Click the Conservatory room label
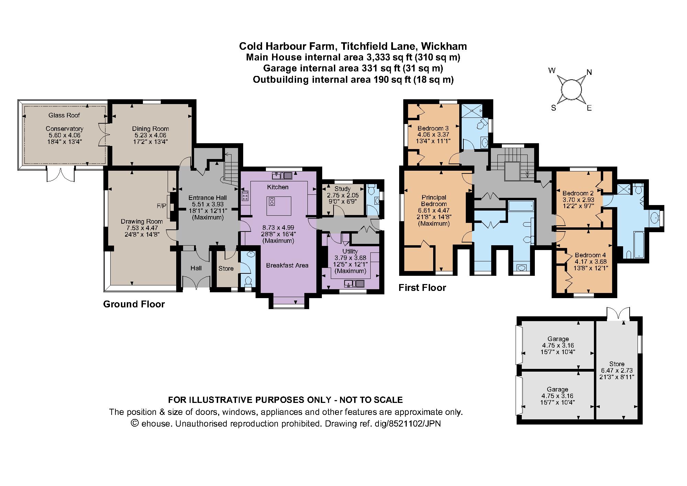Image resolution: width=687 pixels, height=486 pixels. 65,129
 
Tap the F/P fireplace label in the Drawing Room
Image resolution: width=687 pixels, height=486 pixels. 161,206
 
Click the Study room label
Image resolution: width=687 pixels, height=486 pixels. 342,189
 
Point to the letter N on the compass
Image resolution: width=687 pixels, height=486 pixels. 589,72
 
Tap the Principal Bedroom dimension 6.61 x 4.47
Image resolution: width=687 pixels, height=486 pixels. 433,211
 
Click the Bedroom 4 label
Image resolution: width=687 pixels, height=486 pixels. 590,255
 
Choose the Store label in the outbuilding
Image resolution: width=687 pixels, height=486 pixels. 617,364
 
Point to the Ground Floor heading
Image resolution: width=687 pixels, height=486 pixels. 134,304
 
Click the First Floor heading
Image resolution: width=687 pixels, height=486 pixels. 422,288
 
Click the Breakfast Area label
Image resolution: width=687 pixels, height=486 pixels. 287,265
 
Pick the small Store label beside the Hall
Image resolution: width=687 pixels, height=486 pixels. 226,269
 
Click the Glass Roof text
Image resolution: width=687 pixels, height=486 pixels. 64,115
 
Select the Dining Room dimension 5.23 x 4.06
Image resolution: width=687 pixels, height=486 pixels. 150,135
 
